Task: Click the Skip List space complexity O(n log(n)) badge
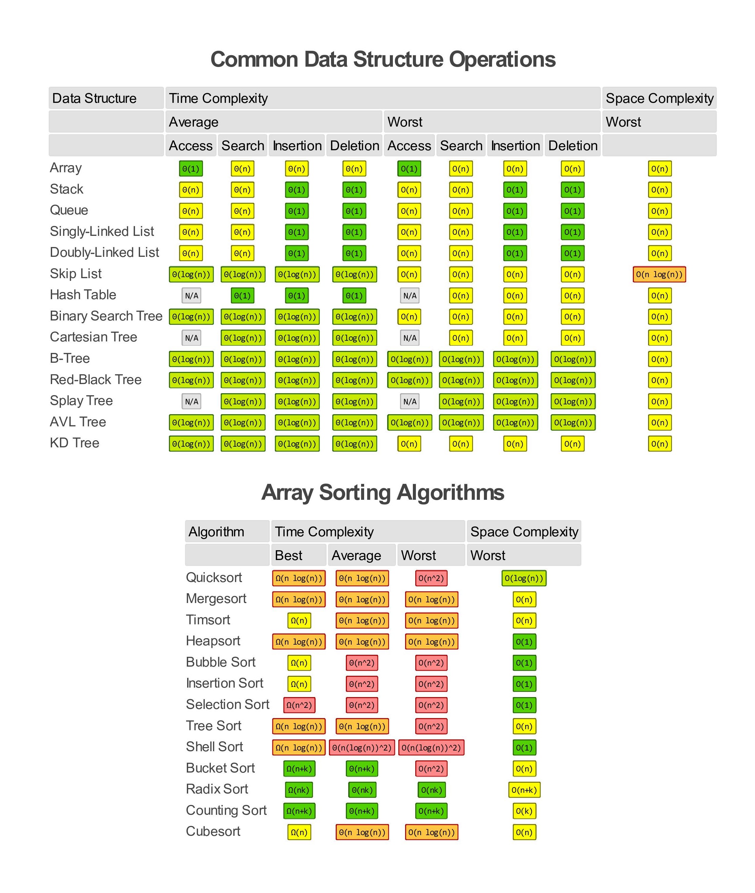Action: click(x=659, y=274)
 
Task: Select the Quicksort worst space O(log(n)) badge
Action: click(x=524, y=578)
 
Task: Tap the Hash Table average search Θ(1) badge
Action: click(x=242, y=295)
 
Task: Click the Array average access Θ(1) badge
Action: click(x=191, y=169)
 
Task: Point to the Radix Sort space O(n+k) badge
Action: click(x=524, y=790)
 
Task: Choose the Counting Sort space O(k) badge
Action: click(x=524, y=811)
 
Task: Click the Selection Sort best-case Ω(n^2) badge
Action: click(x=299, y=705)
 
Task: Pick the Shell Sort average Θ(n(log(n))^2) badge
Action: click(x=362, y=747)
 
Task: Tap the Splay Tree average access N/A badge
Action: click(x=191, y=401)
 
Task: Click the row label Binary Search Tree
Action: click(x=106, y=316)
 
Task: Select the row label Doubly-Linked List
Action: click(x=105, y=252)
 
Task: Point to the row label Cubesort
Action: click(x=213, y=831)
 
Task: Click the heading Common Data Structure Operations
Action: click(x=383, y=59)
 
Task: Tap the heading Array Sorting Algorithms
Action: click(x=383, y=492)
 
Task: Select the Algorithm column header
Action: click(x=217, y=532)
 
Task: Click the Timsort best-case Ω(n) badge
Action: click(x=299, y=621)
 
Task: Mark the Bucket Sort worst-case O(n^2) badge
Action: click(x=431, y=768)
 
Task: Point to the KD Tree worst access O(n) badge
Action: click(x=409, y=444)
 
